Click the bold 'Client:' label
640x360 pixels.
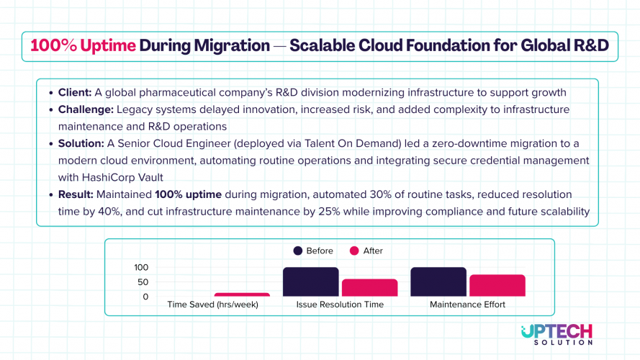(x=74, y=93)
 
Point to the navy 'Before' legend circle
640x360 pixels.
(x=297, y=251)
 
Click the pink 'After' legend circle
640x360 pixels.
(x=353, y=251)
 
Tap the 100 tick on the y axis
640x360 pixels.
(x=141, y=267)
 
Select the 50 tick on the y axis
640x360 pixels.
(x=143, y=282)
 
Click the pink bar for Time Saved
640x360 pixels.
(x=242, y=294)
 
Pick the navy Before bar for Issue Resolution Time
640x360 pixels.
(x=310, y=282)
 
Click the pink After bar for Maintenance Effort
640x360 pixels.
(x=497, y=285)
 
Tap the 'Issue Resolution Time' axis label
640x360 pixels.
(x=340, y=305)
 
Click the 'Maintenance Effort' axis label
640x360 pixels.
(x=467, y=305)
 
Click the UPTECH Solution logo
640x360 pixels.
(x=556, y=334)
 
